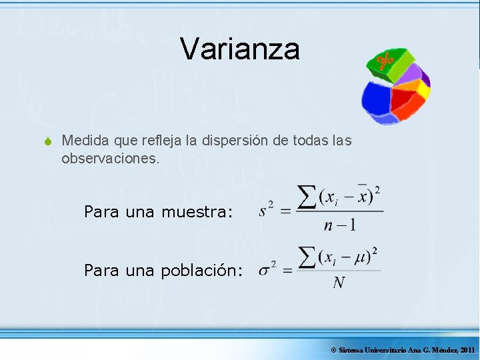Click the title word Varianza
click(x=240, y=49)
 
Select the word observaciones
click(x=111, y=159)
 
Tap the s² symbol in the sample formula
click(x=267, y=211)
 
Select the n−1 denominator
click(x=340, y=225)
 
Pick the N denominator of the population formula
click(x=339, y=283)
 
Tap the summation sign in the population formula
click(x=307, y=257)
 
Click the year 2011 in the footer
click(x=467, y=350)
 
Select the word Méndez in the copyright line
click(x=445, y=350)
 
